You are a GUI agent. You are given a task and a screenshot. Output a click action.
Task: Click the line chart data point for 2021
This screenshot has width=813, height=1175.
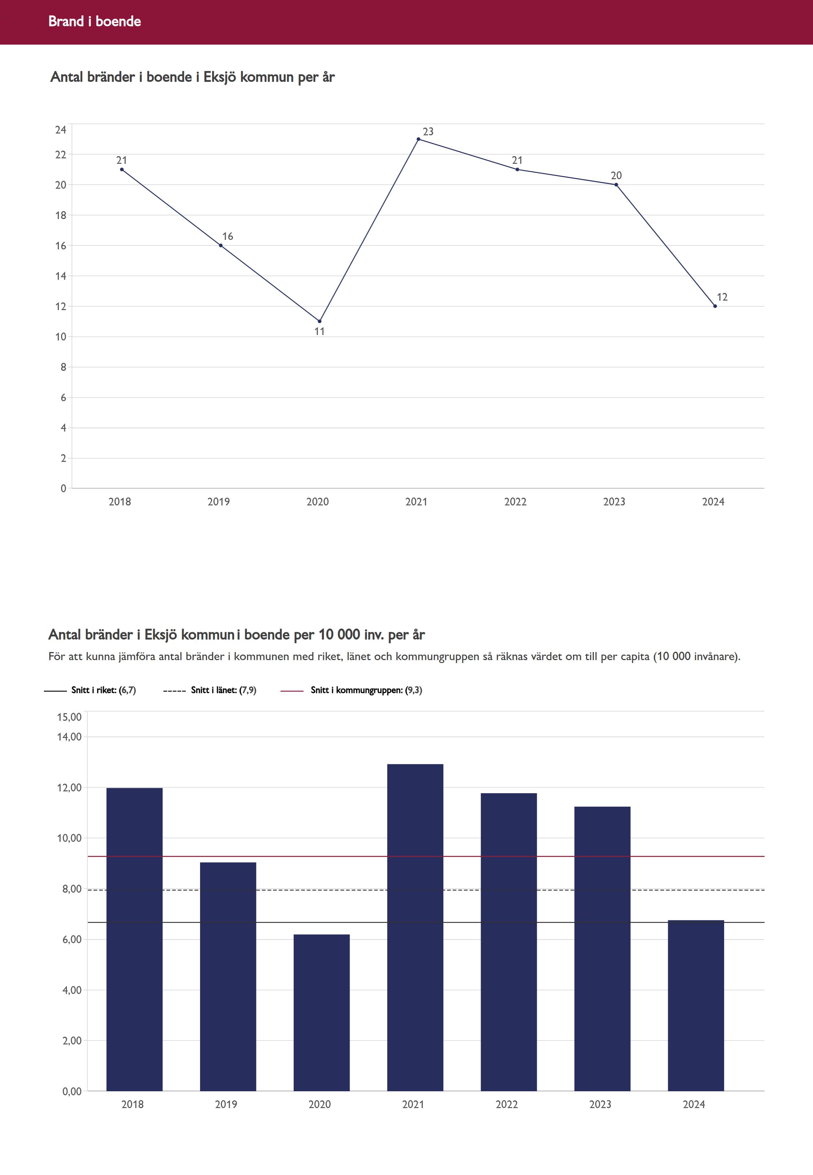coord(418,139)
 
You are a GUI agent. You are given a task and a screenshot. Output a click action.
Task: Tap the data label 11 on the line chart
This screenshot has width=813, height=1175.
coord(319,332)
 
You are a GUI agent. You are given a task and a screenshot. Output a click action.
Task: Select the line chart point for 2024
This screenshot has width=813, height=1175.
coord(715,306)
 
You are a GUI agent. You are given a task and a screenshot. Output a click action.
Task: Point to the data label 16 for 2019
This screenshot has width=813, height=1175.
coord(228,236)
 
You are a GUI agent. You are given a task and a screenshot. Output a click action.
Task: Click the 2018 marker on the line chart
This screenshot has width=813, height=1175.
coord(122,170)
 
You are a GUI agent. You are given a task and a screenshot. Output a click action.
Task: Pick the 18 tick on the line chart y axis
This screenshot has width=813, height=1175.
coord(61,215)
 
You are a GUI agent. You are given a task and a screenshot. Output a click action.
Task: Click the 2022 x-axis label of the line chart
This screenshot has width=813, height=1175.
coord(515,502)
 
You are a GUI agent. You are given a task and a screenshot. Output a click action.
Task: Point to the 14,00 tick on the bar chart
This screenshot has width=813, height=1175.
coord(69,737)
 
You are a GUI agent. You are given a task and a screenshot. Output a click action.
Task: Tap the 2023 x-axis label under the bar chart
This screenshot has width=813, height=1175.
coord(600,1104)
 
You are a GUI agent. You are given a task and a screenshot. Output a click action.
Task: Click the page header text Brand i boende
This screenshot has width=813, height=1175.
coord(95,21)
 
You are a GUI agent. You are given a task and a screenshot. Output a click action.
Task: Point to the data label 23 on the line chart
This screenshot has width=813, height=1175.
coord(428,131)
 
